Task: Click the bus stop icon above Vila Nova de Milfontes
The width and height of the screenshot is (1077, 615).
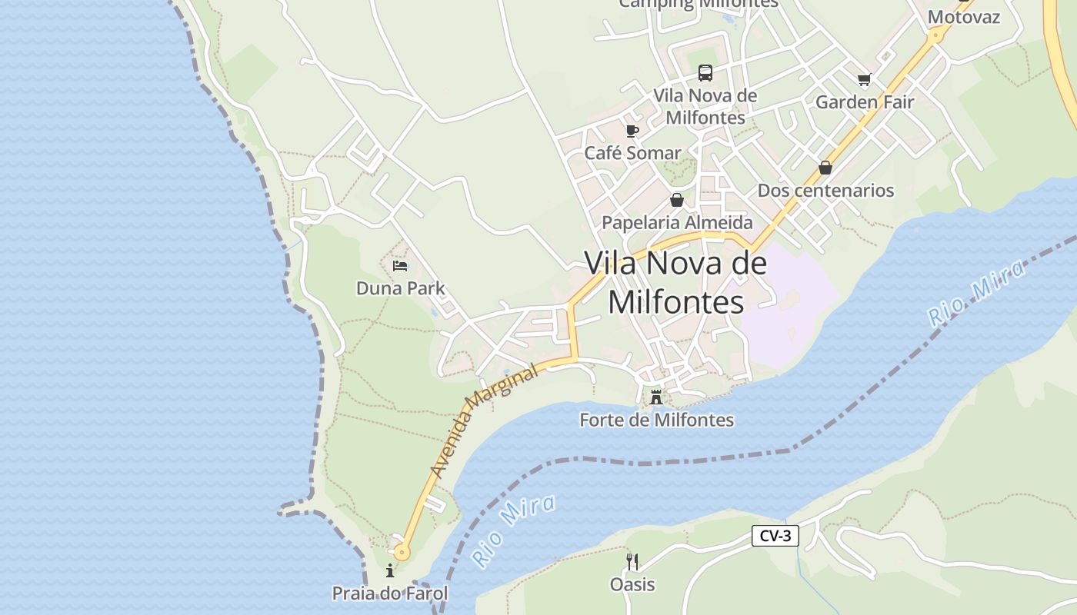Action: pyautogui.click(x=705, y=73)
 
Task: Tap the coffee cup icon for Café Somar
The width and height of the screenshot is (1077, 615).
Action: pyautogui.click(x=632, y=131)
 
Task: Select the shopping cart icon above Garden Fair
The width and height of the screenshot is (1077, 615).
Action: pyautogui.click(x=864, y=79)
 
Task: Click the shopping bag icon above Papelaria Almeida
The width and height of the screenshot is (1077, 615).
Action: pyautogui.click(x=677, y=200)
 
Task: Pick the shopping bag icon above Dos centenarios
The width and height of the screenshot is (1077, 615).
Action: pyautogui.click(x=825, y=167)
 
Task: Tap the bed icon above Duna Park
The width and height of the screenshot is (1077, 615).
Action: pyautogui.click(x=400, y=266)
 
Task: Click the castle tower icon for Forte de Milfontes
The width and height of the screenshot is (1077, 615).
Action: pyautogui.click(x=656, y=397)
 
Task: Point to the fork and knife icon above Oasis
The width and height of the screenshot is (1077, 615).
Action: pyautogui.click(x=632, y=561)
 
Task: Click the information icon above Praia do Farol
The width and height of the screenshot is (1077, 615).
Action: pyautogui.click(x=390, y=570)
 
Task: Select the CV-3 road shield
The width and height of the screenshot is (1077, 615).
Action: pyautogui.click(x=775, y=536)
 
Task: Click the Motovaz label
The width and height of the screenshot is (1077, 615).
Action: pyautogui.click(x=964, y=17)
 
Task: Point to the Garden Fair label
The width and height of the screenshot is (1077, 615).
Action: pyautogui.click(x=865, y=101)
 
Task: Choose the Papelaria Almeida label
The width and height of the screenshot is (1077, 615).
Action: pyautogui.click(x=677, y=222)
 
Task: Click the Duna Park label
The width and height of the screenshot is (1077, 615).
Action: pyautogui.click(x=401, y=288)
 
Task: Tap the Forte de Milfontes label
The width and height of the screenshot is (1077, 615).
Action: pyautogui.click(x=656, y=420)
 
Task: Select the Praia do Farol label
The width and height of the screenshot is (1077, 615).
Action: pyautogui.click(x=390, y=593)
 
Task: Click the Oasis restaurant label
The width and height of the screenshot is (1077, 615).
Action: pyautogui.click(x=632, y=584)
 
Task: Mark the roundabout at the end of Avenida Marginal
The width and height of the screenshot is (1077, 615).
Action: pyautogui.click(x=402, y=551)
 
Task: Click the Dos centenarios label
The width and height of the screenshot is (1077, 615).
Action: pyautogui.click(x=825, y=190)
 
